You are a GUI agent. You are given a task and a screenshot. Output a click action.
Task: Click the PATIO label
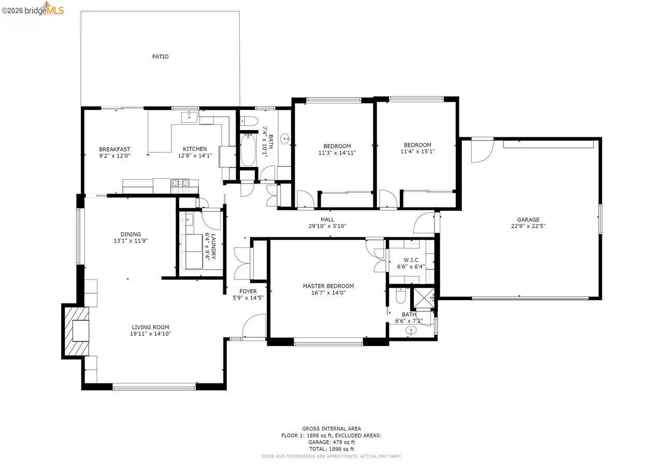pos(160,56)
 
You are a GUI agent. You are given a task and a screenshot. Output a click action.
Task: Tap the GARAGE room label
pos(528,220)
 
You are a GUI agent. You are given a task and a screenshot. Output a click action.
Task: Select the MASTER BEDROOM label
pos(328,286)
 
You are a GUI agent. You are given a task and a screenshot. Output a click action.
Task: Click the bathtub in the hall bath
pos(248,150)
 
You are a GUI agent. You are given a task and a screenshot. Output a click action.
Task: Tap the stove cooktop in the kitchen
pos(181,183)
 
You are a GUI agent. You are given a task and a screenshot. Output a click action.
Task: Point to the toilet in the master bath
pos(399,297)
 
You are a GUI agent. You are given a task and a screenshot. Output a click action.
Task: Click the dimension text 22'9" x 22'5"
pos(528,226)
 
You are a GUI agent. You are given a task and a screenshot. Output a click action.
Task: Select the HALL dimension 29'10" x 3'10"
pos(327,226)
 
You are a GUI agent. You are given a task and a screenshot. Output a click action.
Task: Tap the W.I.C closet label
pos(411,260)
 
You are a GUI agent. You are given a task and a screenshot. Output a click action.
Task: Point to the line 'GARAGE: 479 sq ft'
pos(331,442)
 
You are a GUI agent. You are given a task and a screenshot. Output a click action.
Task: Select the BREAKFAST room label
pos(114,149)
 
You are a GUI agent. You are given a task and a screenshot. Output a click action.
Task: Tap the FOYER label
pos(248,291)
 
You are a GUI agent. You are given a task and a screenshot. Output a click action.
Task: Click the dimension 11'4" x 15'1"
pos(417,152)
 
